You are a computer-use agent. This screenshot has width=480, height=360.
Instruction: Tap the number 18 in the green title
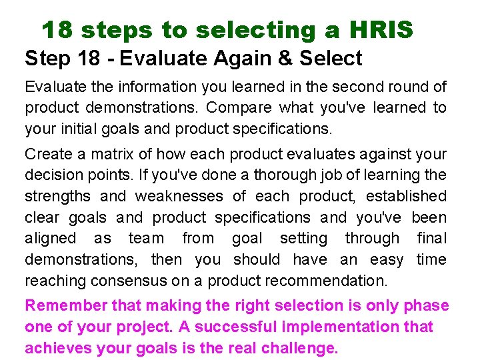(57, 30)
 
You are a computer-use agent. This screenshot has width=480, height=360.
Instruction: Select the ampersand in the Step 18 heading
(285, 58)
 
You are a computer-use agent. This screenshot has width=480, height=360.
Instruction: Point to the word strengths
(57, 196)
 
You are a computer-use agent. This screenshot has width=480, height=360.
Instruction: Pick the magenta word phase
(427, 306)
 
